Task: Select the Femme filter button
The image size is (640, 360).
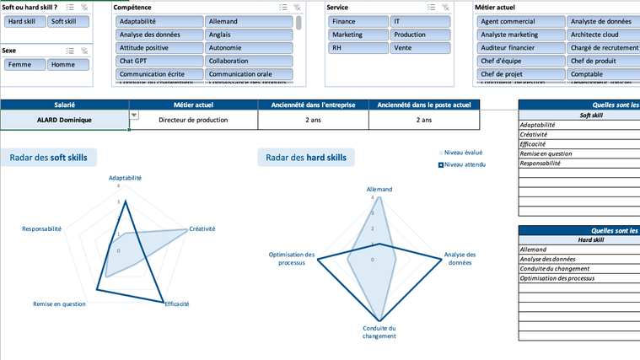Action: click(24, 65)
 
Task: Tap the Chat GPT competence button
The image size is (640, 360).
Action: click(159, 61)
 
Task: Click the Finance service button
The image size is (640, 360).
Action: click(357, 21)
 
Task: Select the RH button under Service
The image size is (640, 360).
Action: click(357, 48)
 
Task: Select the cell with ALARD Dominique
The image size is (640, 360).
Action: click(64, 120)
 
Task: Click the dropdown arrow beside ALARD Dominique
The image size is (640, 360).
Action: click(134, 116)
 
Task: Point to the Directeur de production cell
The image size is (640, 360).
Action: click(193, 120)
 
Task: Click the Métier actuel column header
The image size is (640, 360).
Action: click(193, 105)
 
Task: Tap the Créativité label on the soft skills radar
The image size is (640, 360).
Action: click(202, 229)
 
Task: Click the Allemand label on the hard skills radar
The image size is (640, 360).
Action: click(379, 190)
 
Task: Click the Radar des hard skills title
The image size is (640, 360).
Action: click(306, 157)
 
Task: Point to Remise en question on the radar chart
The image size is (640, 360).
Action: click(59, 304)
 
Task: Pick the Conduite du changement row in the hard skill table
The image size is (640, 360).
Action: click(554, 269)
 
